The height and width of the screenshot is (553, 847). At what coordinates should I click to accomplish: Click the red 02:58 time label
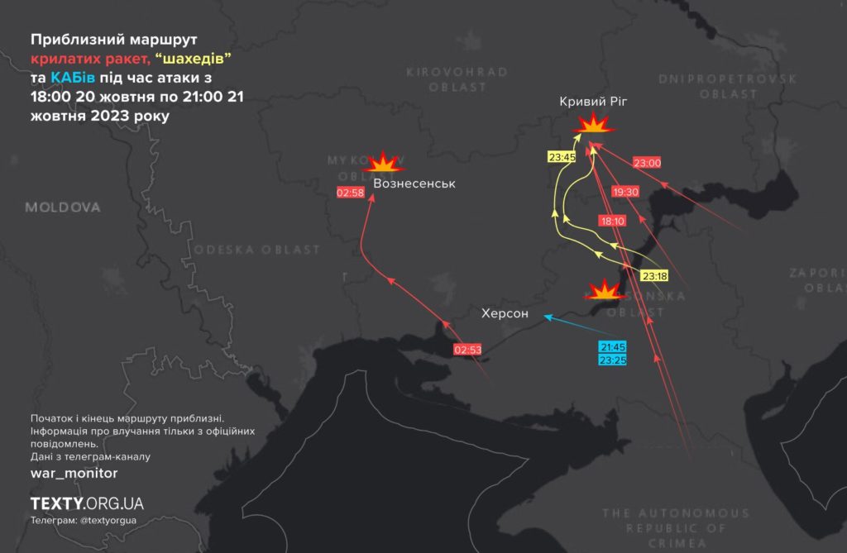pyautogui.click(x=351, y=193)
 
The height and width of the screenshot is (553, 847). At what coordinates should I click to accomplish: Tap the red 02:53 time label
pyautogui.click(x=467, y=350)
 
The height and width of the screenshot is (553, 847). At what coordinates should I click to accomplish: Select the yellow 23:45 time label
pyautogui.click(x=562, y=157)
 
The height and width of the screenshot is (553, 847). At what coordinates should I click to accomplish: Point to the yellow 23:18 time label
pyautogui.click(x=654, y=275)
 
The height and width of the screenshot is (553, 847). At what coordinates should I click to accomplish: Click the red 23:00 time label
pyautogui.click(x=647, y=163)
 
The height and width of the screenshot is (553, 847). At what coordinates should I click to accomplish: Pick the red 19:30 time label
pyautogui.click(x=625, y=192)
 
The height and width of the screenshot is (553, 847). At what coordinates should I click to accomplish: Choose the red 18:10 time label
pyautogui.click(x=612, y=221)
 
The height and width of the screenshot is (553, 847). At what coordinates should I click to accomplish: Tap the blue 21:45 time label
pyautogui.click(x=612, y=347)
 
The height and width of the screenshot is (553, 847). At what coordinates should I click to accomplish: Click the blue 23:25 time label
pyautogui.click(x=612, y=360)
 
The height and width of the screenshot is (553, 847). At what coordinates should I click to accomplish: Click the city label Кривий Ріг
pyautogui.click(x=593, y=101)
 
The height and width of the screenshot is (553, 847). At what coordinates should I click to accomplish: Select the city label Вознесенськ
pyautogui.click(x=414, y=183)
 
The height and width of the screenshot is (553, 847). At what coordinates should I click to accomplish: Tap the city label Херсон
pyautogui.click(x=505, y=313)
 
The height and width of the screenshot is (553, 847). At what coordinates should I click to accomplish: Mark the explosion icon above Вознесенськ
pyautogui.click(x=385, y=162)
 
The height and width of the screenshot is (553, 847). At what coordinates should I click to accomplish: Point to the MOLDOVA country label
pyautogui.click(x=62, y=207)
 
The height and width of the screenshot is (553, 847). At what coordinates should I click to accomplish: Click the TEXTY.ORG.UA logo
pyautogui.click(x=87, y=503)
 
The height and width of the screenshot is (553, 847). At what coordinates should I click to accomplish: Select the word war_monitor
pyautogui.click(x=74, y=473)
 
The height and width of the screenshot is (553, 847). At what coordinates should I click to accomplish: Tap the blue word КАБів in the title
pyautogui.click(x=73, y=78)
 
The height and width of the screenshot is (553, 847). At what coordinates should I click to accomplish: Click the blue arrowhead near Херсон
pyautogui.click(x=546, y=315)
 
